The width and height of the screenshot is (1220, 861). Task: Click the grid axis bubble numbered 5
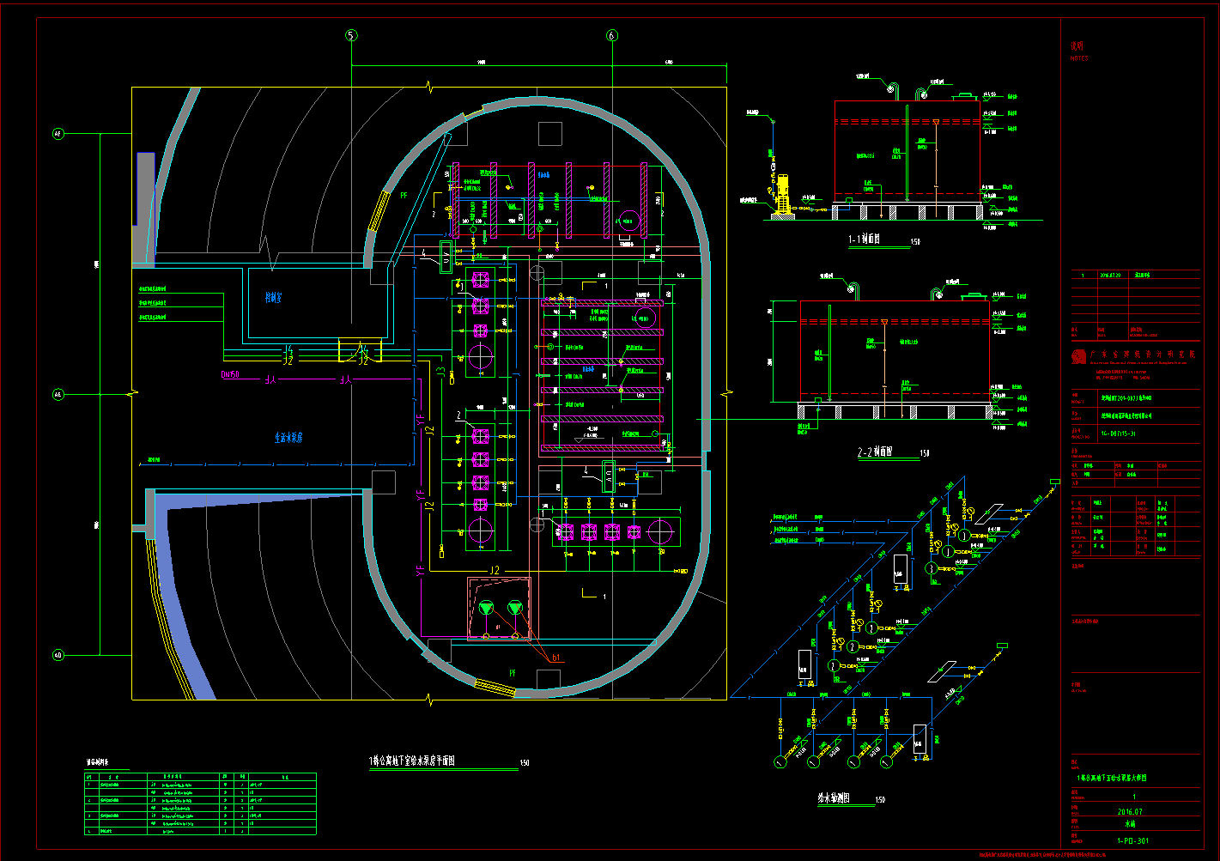[x=350, y=35]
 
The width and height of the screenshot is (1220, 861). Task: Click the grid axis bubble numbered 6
[x=611, y=35]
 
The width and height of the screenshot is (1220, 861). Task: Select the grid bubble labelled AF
[x=58, y=134]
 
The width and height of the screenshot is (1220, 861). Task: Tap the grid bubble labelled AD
[x=58, y=656]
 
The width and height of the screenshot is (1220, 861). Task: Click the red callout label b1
[x=556, y=658]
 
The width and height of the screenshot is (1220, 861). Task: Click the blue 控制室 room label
[x=274, y=298]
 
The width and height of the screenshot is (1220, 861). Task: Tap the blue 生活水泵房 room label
[x=288, y=438]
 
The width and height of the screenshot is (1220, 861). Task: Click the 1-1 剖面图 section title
[x=865, y=240]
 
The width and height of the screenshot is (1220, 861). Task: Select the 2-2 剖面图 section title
[x=875, y=452]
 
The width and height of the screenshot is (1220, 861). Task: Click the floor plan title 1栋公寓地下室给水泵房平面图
[x=411, y=761]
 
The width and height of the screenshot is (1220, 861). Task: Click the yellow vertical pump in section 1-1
[x=781, y=195]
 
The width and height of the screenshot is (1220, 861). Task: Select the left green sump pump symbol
[x=487, y=608]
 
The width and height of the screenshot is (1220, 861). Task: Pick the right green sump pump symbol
[x=514, y=608]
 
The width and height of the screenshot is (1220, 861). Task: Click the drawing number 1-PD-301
[x=1132, y=841]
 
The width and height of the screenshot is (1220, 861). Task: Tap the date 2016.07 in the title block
[x=1130, y=811]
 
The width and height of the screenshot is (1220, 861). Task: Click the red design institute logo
[x=1078, y=357]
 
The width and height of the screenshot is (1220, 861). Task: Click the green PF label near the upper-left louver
[x=404, y=196]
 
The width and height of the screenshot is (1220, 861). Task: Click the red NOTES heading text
[x=1078, y=58]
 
